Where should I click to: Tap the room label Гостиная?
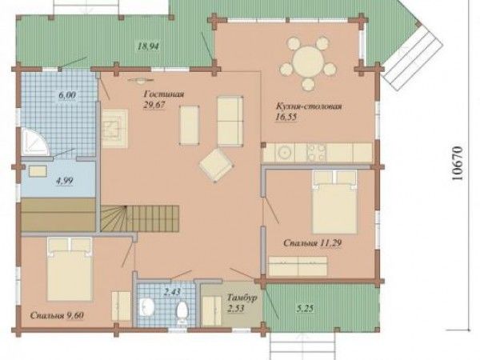coord(164,94)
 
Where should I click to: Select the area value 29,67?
coord(154,105)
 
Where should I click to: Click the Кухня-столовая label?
coord(309,106)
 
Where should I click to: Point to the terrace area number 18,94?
coord(148,46)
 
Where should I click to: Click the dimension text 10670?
coord(457,163)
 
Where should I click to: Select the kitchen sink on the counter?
coord(285,152)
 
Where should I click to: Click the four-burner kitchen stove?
coord(317,152)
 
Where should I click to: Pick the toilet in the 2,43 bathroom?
coord(182,312)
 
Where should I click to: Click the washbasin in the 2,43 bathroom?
coord(147,306)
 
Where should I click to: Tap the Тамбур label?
coord(242,298)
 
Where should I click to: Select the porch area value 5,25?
coord(306,308)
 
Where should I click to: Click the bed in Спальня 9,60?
coord(70,270)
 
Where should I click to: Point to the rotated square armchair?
coord(216,165)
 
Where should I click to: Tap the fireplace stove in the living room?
coord(114,129)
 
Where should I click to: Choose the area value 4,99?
coord(64,181)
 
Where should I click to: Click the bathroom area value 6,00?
coord(67,95)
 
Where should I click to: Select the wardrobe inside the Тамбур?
coord(211,310)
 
